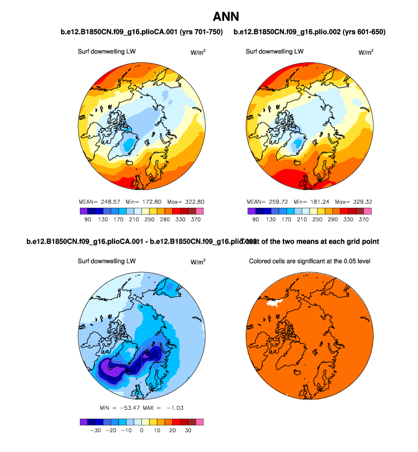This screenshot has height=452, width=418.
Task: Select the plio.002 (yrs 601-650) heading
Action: (x=309, y=32)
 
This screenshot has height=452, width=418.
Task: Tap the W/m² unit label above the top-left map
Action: (x=198, y=52)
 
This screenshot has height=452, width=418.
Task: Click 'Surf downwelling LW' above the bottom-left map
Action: (x=107, y=261)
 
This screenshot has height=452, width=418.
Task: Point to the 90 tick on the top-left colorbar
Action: (x=88, y=219)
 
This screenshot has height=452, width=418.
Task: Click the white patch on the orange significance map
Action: (x=276, y=303)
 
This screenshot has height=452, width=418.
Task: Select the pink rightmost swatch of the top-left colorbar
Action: (x=199, y=211)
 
